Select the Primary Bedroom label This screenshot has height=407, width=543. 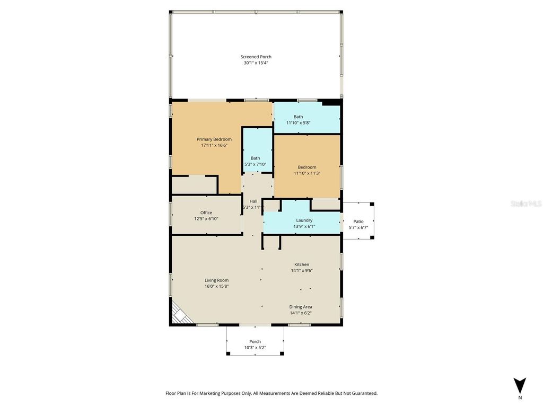214,139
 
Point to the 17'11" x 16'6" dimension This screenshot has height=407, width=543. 214,145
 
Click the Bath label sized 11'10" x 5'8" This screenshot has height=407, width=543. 298,117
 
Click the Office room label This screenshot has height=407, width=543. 206,213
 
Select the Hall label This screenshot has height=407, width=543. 253,201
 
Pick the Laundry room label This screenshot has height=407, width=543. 304,220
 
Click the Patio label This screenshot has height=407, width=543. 358,222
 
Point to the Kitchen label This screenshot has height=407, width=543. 302,264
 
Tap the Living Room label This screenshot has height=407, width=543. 216,280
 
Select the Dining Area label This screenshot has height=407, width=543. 300,307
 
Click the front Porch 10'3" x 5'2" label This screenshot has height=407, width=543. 255,341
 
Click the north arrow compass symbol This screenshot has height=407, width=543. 520,385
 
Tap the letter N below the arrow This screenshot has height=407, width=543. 520,397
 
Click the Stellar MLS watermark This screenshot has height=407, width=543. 526,203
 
